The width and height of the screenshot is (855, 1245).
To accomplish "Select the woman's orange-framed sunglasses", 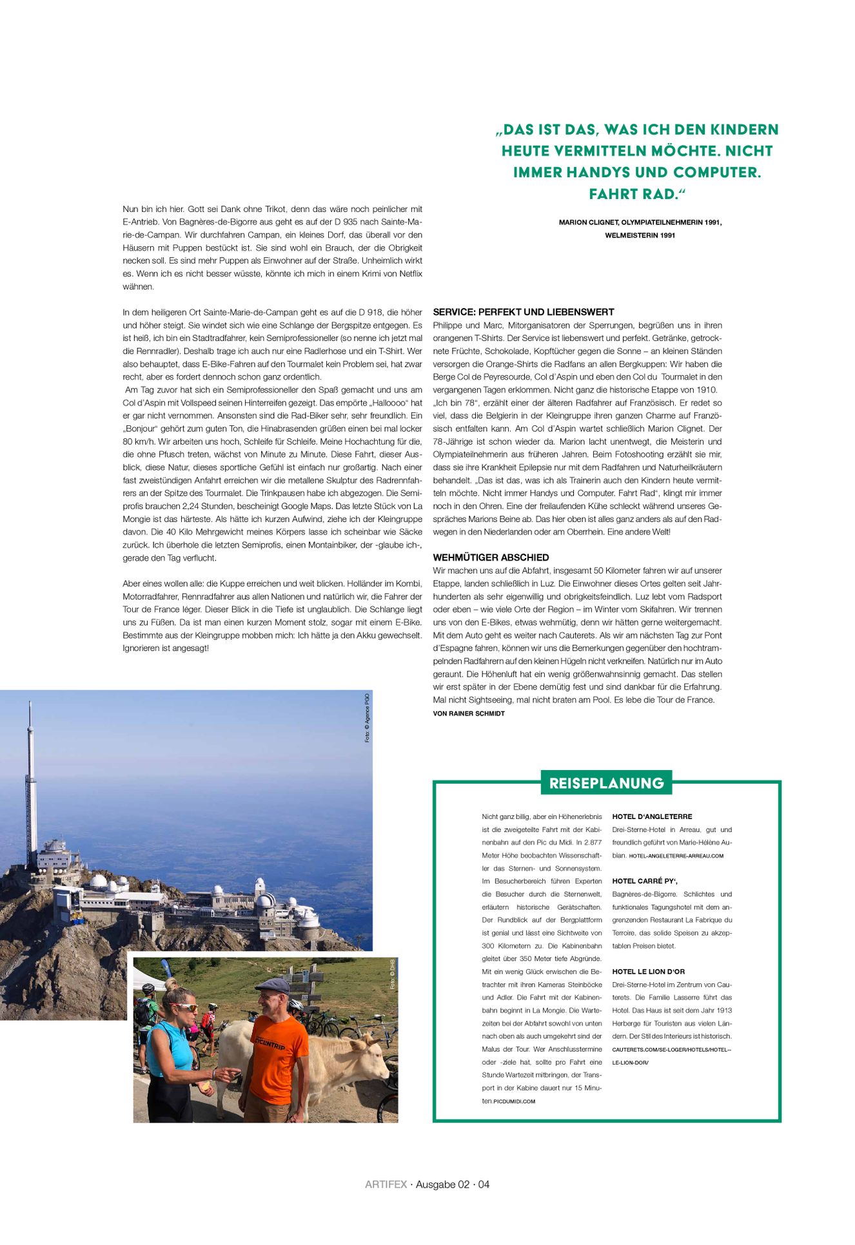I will click(183, 1007).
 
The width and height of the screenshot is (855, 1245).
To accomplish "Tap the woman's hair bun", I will click(172, 984).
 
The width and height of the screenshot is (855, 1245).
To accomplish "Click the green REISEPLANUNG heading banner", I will click(606, 783).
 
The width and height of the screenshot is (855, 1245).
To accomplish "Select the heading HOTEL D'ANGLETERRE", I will click(652, 816).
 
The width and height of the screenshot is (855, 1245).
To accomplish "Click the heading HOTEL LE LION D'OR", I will click(648, 971).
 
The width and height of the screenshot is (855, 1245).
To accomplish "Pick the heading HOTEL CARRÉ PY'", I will click(645, 881).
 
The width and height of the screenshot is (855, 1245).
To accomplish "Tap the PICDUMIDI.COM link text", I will click(514, 1101).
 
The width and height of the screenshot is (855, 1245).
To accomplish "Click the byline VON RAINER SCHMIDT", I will click(469, 713).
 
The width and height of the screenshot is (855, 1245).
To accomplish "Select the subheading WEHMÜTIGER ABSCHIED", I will click(491, 557).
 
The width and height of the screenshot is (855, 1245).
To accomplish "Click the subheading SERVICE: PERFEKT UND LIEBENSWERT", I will click(523, 312).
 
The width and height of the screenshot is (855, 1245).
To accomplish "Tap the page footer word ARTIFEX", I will click(386, 1184).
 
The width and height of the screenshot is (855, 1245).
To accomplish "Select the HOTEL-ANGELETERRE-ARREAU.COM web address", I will click(676, 856).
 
